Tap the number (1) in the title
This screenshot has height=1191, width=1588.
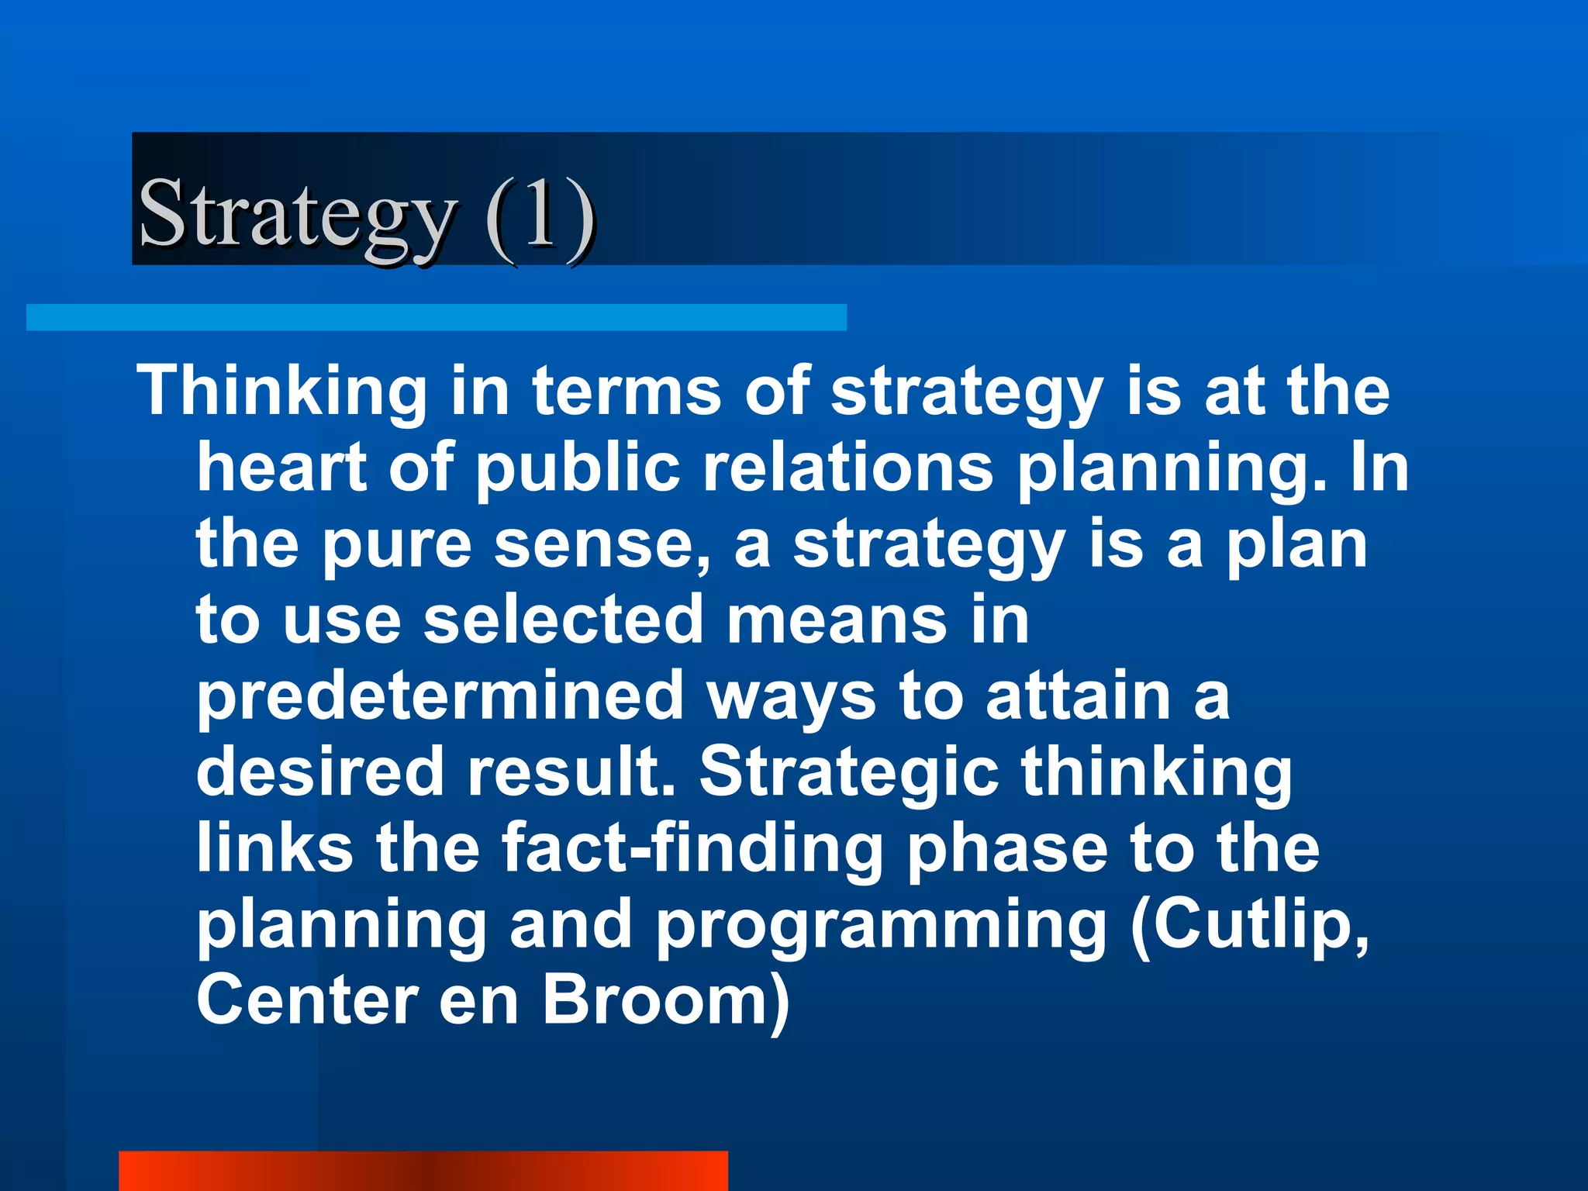(540, 214)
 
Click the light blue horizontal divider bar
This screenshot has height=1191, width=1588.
(436, 317)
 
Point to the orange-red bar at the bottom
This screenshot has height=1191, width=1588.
(423, 1170)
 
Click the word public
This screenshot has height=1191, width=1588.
(578, 468)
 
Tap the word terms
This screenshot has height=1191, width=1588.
(627, 391)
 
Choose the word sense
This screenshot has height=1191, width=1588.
(601, 544)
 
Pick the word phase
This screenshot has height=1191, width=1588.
(1008, 848)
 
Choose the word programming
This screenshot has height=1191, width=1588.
(882, 925)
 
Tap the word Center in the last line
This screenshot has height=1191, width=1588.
(307, 999)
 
